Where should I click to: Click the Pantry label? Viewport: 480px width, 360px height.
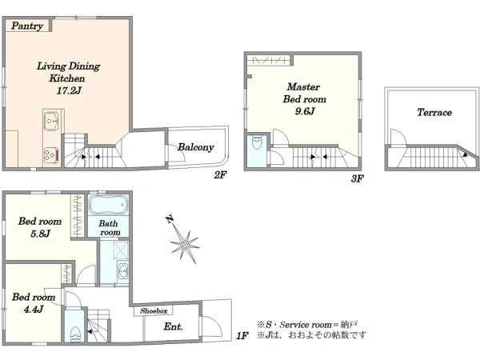click(x=27, y=26)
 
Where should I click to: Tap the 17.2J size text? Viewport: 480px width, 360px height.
click(x=69, y=90)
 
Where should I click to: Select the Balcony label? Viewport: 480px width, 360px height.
click(x=196, y=147)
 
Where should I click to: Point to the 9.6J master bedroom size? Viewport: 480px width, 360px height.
click(x=305, y=111)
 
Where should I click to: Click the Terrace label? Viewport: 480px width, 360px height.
click(x=434, y=112)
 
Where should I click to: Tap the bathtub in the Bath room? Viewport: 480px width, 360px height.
click(x=108, y=205)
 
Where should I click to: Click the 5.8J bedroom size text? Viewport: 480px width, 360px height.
click(x=40, y=234)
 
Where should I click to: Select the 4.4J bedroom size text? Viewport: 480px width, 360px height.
click(x=34, y=309)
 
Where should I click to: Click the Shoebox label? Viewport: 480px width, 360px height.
click(x=154, y=311)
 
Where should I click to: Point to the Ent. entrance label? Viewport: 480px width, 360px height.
click(x=174, y=326)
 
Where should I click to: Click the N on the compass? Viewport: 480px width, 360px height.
click(x=170, y=219)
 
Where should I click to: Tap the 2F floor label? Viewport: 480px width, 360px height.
click(x=220, y=175)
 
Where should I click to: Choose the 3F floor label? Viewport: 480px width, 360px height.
click(x=357, y=178)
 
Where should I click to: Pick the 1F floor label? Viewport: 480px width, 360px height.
click(x=242, y=336)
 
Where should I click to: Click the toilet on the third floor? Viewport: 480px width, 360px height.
click(x=256, y=142)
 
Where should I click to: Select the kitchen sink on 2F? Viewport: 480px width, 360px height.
click(x=51, y=122)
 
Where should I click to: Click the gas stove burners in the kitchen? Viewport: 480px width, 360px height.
click(x=51, y=154)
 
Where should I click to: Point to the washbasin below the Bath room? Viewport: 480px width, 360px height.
click(x=123, y=270)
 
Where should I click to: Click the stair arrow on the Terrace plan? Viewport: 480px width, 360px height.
click(x=465, y=155)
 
